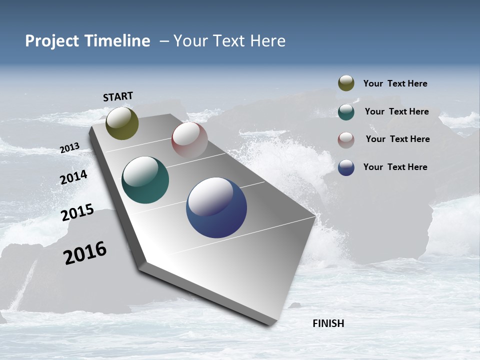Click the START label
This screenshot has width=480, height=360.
click(118, 96)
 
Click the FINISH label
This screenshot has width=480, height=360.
click(328, 323)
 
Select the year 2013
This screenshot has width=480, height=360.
click(69, 148)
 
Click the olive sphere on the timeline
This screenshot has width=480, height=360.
click(122, 123)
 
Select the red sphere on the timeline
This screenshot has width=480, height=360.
click(189, 140)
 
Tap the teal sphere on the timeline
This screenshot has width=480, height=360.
click(145, 180)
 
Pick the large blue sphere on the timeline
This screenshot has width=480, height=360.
click(216, 207)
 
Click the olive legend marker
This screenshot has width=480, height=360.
click(346, 83)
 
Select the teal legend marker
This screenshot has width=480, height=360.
click(346, 111)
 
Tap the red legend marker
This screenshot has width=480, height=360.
click(346, 139)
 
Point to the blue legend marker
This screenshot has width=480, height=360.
click(346, 167)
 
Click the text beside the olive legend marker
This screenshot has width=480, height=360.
click(395, 83)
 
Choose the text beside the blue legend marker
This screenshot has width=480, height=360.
click(395, 167)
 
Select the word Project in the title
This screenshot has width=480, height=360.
click(51, 41)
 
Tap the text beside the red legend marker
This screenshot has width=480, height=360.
click(397, 139)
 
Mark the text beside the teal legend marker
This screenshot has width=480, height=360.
click(396, 111)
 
